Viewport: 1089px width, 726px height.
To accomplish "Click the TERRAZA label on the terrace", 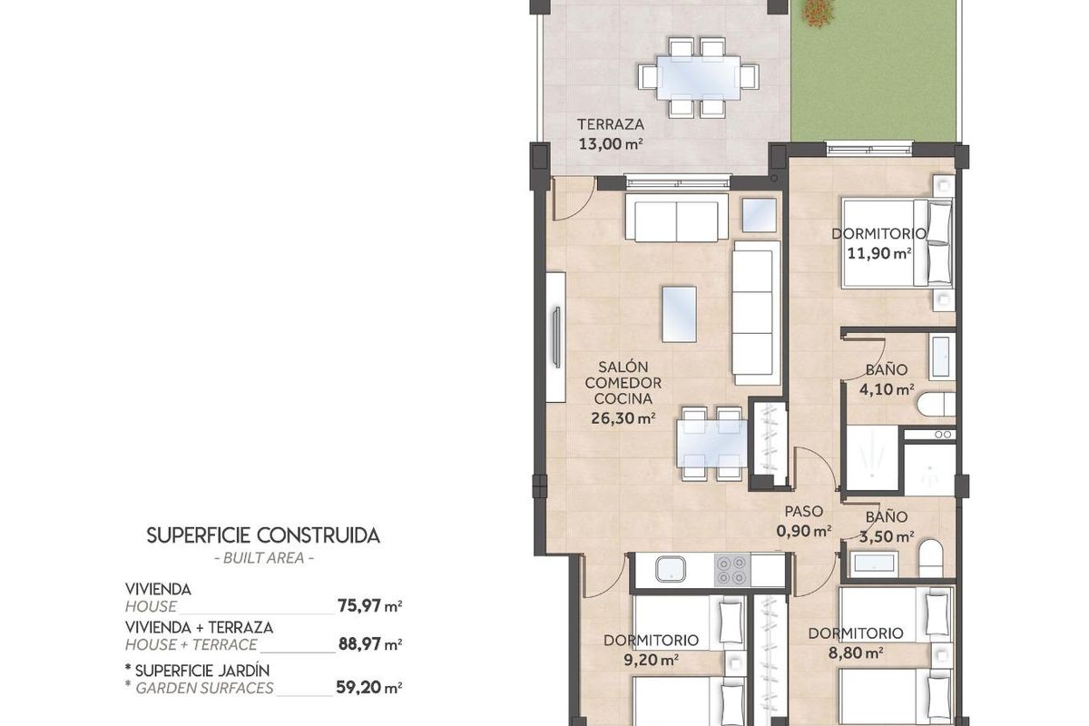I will click(x=611, y=124).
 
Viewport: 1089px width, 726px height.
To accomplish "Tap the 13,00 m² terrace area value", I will click(x=611, y=142).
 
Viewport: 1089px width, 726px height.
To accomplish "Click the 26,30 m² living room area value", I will click(x=623, y=418).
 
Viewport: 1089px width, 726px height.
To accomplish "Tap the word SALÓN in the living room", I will click(x=623, y=368).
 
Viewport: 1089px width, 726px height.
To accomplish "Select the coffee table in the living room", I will click(x=679, y=314).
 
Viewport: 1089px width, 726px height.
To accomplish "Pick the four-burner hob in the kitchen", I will click(x=731, y=569).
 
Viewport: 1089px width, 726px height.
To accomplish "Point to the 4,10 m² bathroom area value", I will click(x=886, y=390).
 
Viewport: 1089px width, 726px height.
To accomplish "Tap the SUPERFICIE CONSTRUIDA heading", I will click(x=263, y=535).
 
